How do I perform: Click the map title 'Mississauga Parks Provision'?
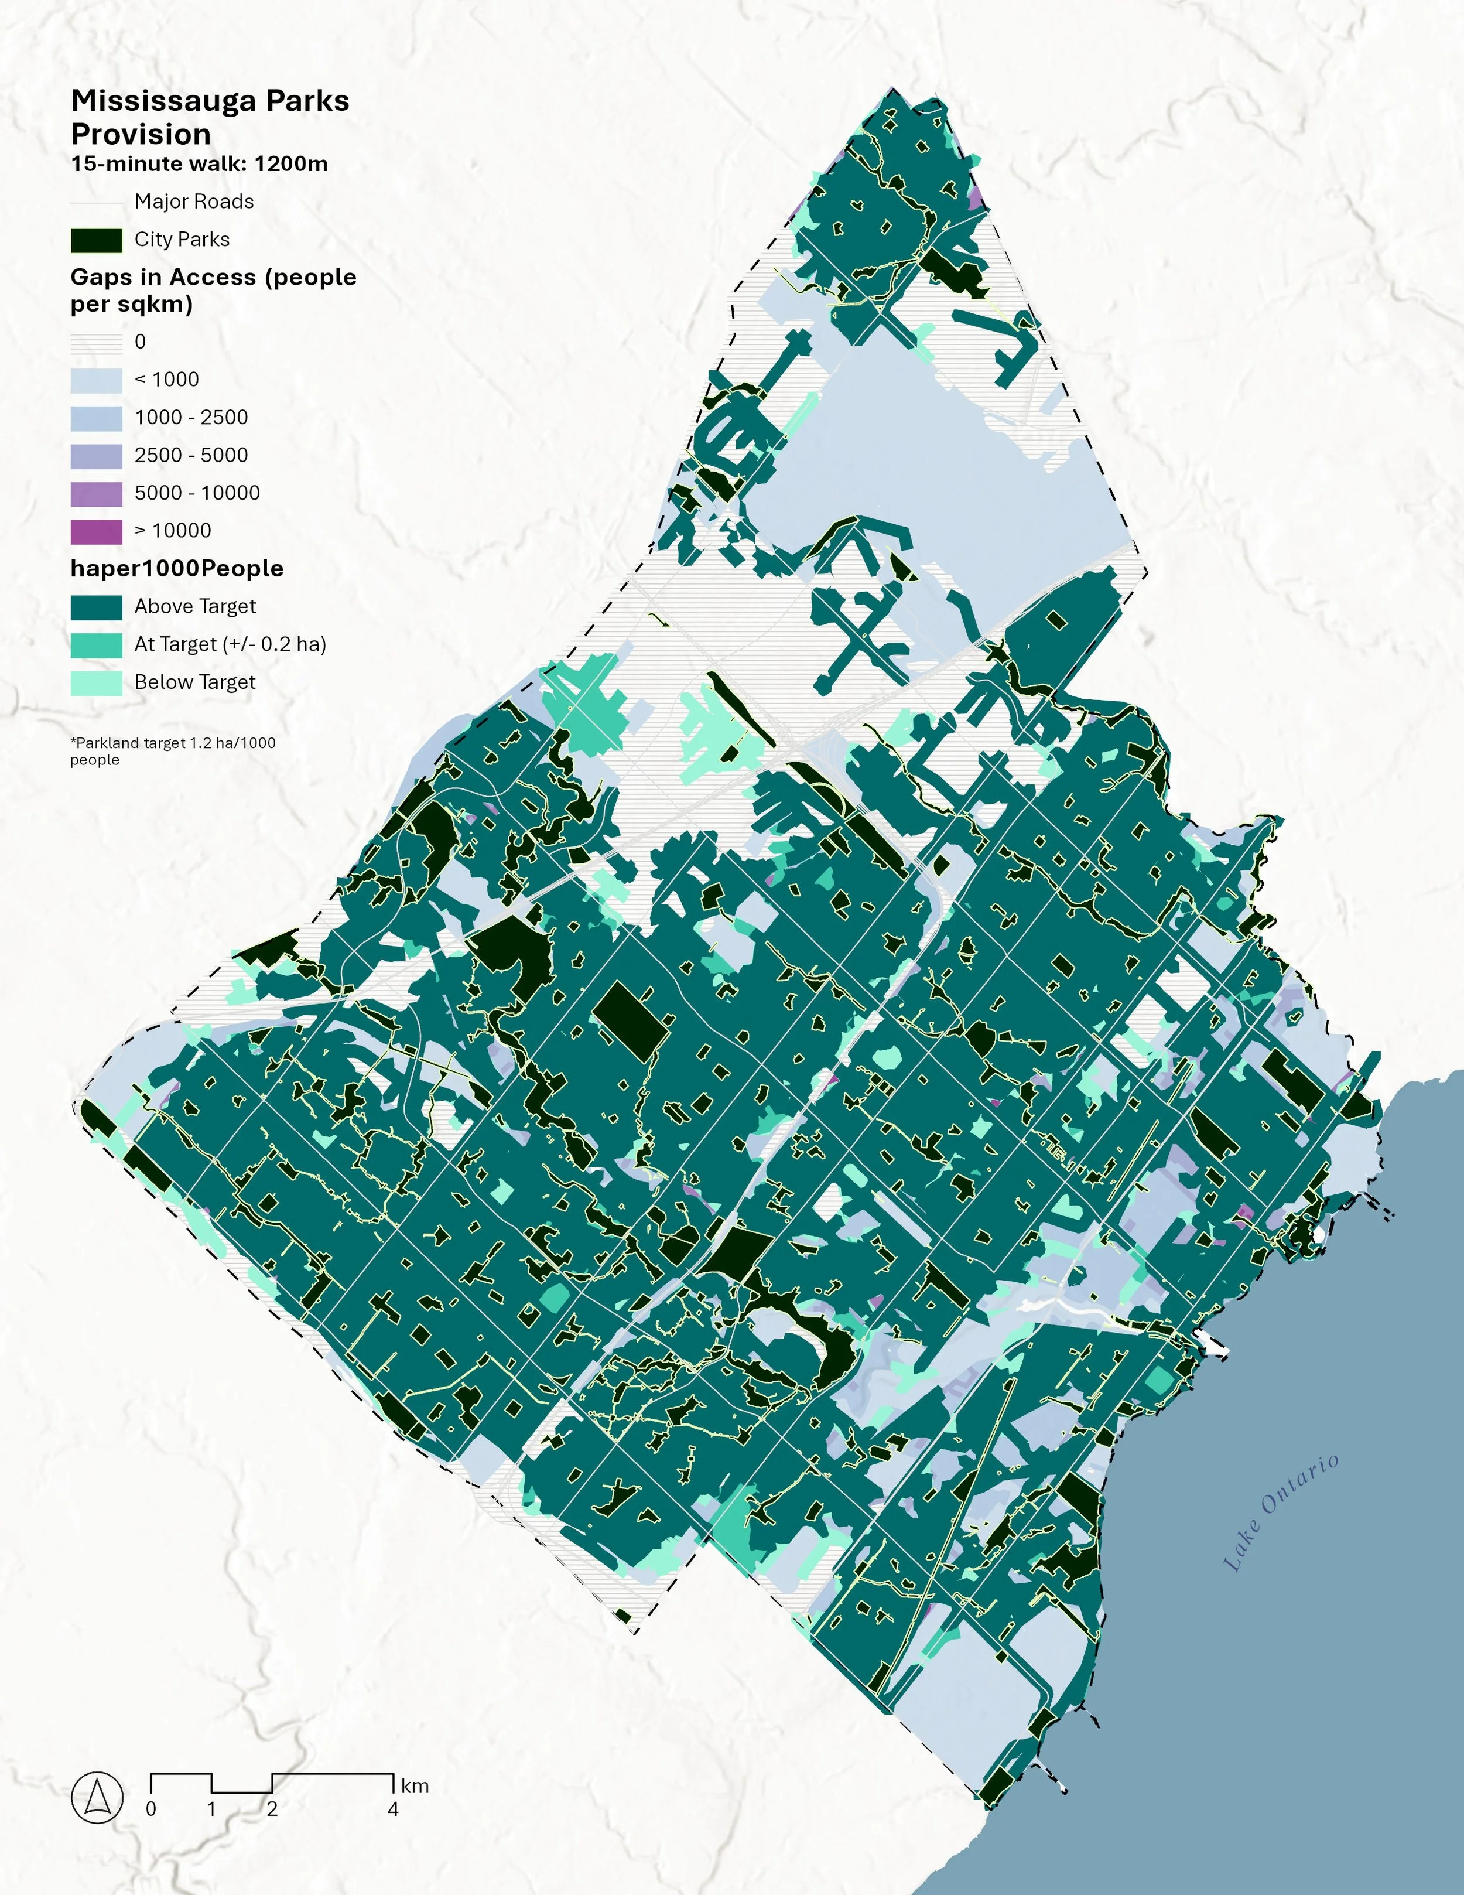coord(210,117)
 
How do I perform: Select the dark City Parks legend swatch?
coord(96,240)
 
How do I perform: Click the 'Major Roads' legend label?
coord(193,202)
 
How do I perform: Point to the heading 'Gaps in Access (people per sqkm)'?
coord(213,290)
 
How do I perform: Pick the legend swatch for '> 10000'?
coord(96,531)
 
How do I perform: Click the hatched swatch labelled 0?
coord(96,343)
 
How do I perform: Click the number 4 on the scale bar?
coord(393,1809)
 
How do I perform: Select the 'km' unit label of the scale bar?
coord(415,1785)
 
